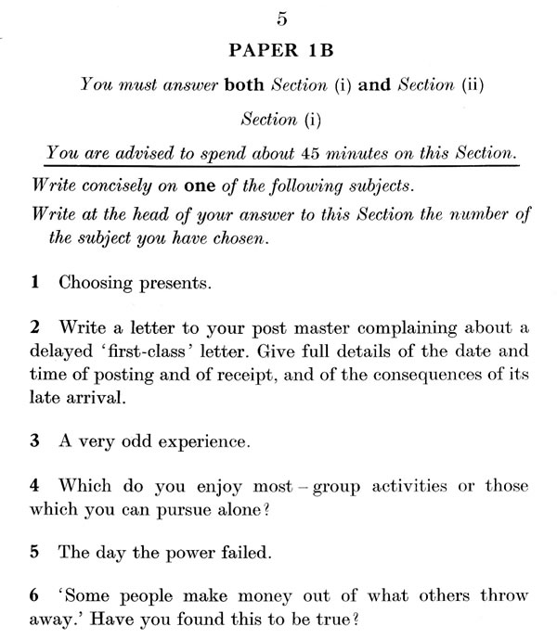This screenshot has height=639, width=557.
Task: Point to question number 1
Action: point(34,284)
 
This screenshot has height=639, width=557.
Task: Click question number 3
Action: point(34,443)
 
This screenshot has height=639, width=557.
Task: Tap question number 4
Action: point(34,486)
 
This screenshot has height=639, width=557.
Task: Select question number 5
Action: point(34,553)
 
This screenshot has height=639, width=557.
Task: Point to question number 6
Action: point(34,596)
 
